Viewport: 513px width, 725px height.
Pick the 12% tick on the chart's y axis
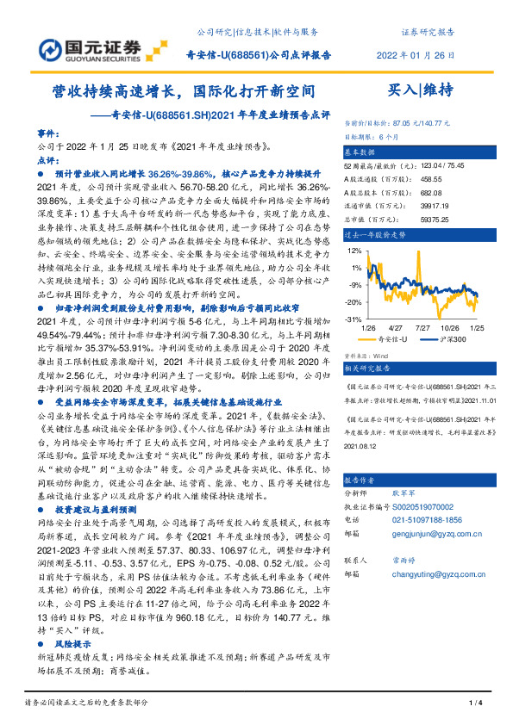point(353,251)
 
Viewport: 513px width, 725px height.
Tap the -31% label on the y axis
point(352,319)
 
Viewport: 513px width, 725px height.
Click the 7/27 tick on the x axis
point(423,328)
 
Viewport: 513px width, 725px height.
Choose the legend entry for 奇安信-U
point(393,340)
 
